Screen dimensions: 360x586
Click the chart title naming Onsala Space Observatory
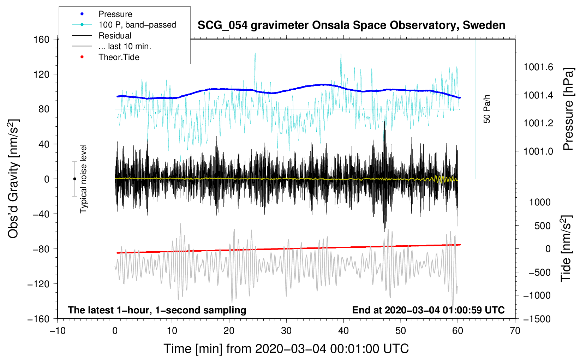pyautogui.click(x=351, y=25)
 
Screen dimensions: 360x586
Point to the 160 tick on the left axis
pyautogui.click(x=42, y=39)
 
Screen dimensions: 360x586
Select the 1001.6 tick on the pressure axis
pyautogui.click(x=538, y=67)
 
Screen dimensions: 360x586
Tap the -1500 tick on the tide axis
pyautogui.click(x=537, y=319)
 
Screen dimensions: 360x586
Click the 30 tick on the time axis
pyautogui.click(x=286, y=331)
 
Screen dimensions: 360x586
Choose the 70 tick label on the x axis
pyautogui.click(x=515, y=331)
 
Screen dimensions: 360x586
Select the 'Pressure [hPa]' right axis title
pyautogui.click(x=568, y=109)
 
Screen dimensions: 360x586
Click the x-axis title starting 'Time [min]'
pyautogui.click(x=286, y=349)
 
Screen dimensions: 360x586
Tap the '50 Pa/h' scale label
pyautogui.click(x=487, y=109)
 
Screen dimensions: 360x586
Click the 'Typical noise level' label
pyautogui.click(x=83, y=179)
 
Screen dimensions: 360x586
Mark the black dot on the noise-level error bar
pyautogui.click(x=74, y=179)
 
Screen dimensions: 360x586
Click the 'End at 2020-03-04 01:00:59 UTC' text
pyautogui.click(x=428, y=310)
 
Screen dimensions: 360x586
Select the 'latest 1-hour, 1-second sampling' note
pyautogui.click(x=157, y=310)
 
